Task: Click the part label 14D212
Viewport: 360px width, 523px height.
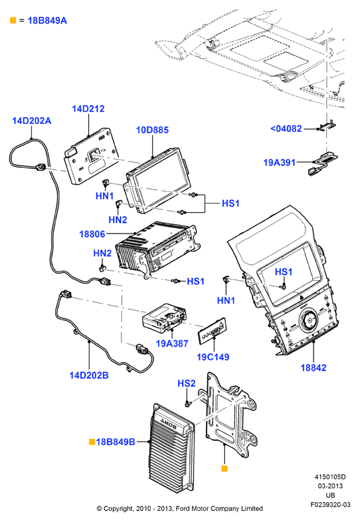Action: click(x=88, y=109)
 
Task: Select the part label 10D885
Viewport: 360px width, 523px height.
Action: click(x=152, y=130)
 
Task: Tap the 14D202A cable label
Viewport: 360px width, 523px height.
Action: click(x=32, y=120)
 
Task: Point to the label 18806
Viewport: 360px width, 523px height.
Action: click(x=92, y=234)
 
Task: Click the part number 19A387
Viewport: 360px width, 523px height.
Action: click(x=172, y=343)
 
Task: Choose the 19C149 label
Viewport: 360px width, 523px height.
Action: click(x=213, y=357)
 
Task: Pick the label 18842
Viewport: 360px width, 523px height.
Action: click(x=314, y=368)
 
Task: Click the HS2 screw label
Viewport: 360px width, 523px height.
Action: click(x=186, y=384)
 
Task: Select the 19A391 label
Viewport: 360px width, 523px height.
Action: click(x=279, y=163)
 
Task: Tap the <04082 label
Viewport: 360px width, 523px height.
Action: click(x=286, y=129)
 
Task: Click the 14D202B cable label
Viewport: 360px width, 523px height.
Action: click(x=89, y=376)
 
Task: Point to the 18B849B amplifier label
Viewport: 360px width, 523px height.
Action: click(x=115, y=442)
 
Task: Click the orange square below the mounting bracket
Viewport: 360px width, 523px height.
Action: click(x=225, y=468)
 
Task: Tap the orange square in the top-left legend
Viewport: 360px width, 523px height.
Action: click(x=13, y=20)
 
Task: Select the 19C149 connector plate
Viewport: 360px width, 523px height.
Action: click(x=213, y=331)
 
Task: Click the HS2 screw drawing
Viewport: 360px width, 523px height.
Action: click(x=188, y=403)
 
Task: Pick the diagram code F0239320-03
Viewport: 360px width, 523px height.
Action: click(x=330, y=505)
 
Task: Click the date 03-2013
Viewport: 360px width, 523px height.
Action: click(x=330, y=486)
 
